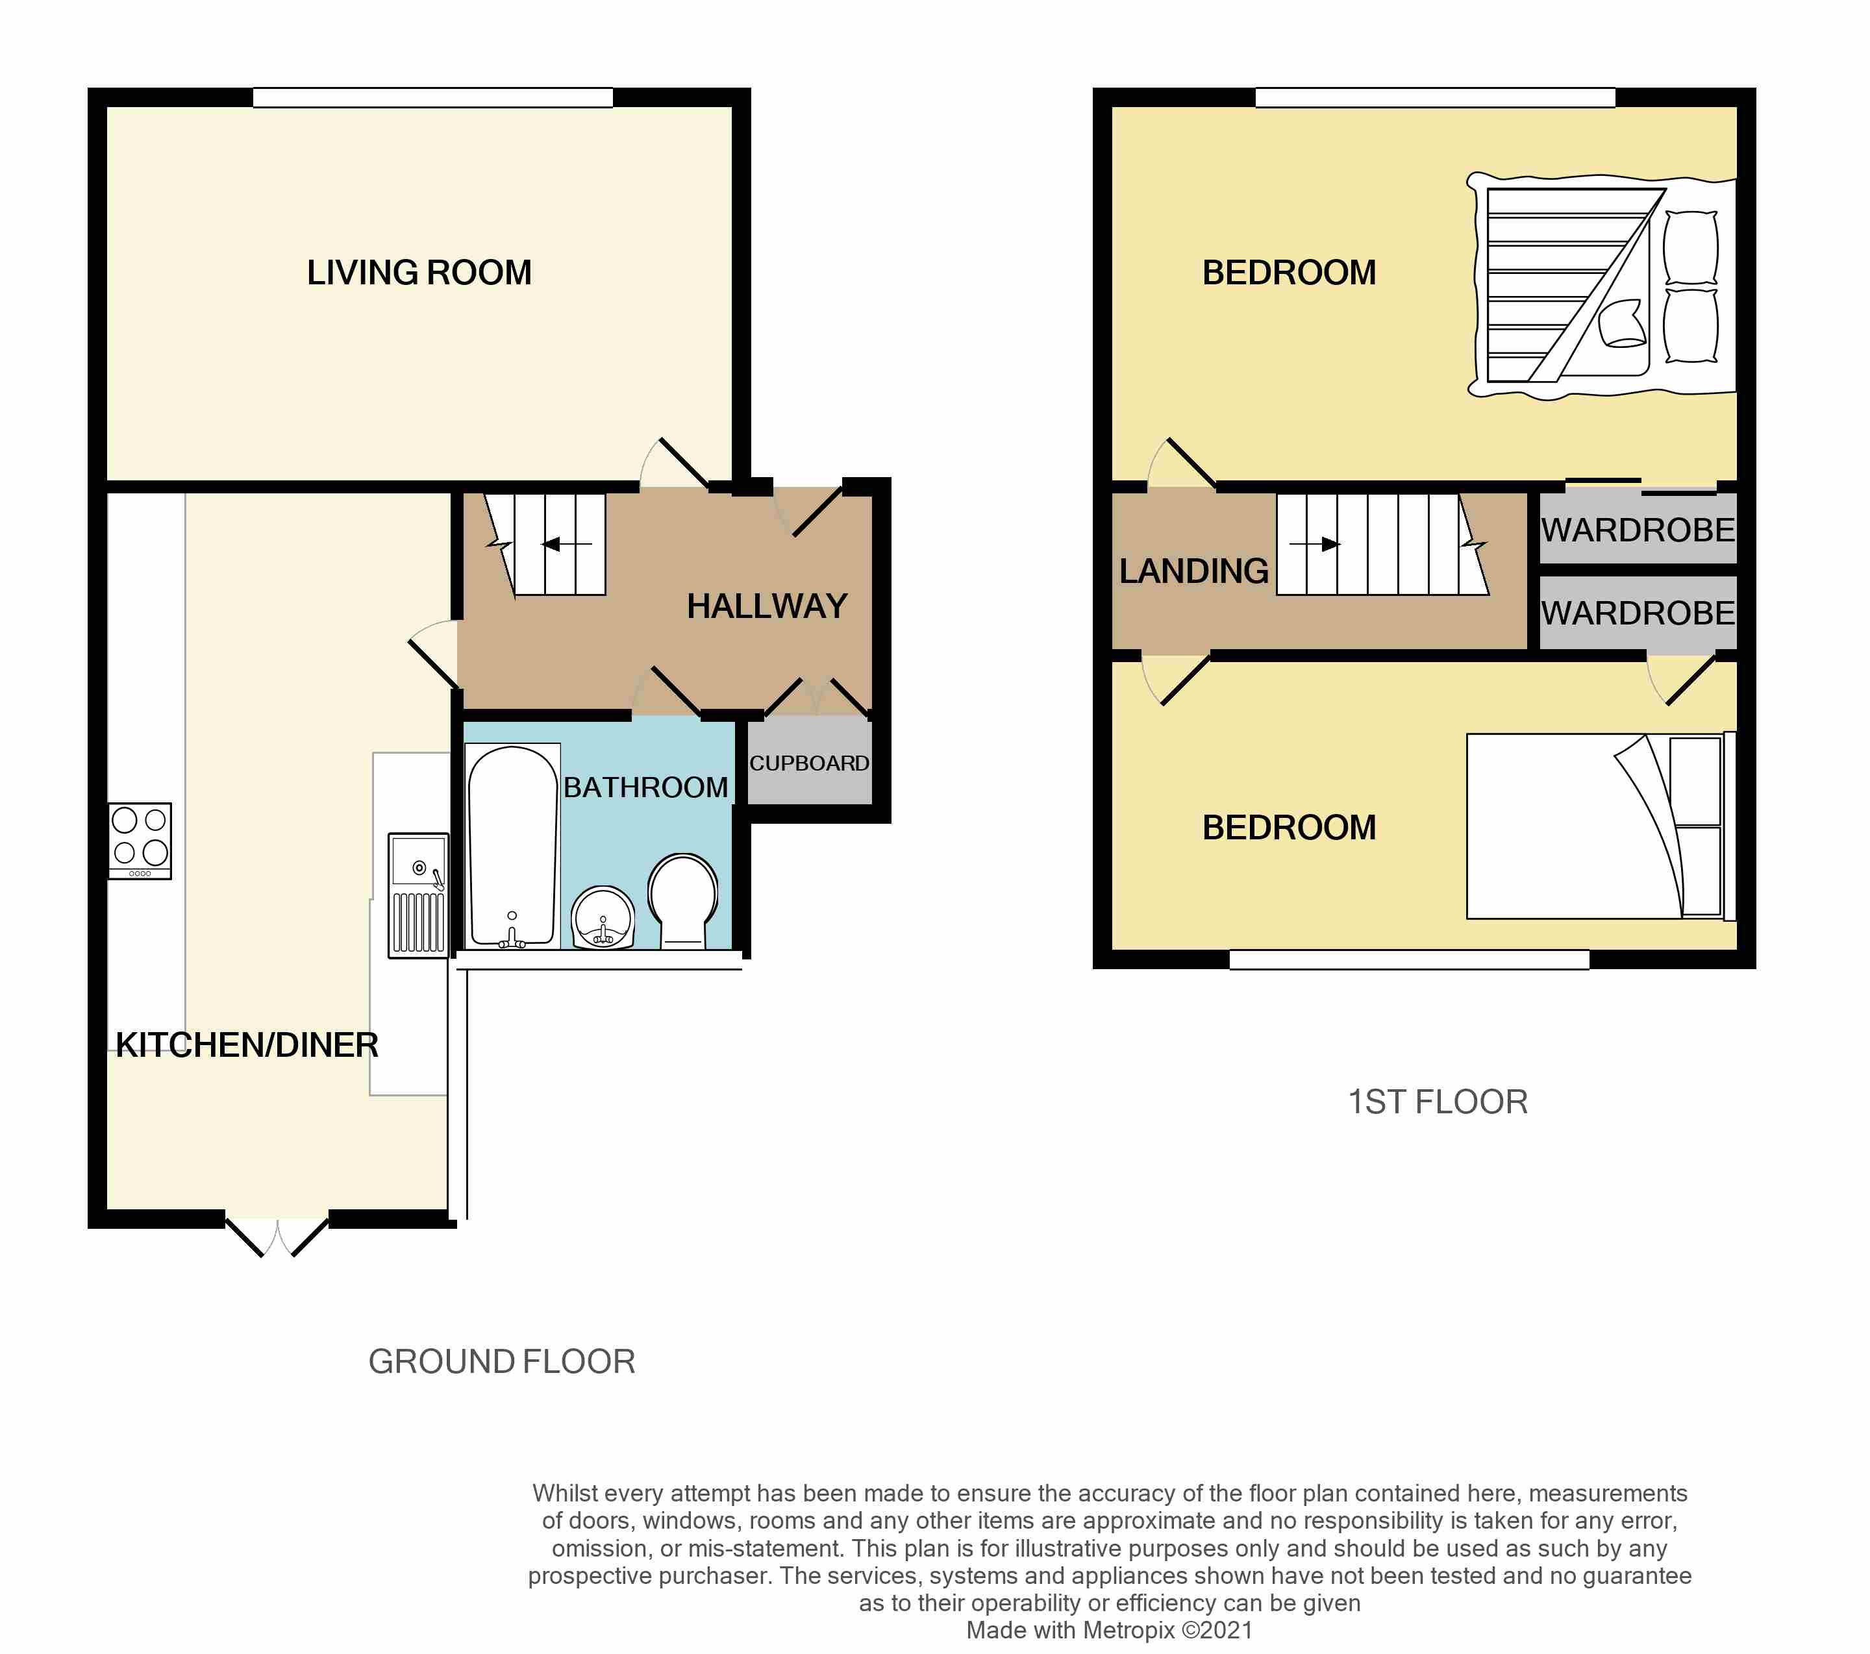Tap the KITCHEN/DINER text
click(247, 1044)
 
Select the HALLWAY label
click(767, 606)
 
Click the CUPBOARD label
click(810, 763)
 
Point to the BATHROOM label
click(646, 787)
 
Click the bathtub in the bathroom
click(512, 846)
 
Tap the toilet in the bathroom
click(682, 901)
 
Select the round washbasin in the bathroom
click(603, 918)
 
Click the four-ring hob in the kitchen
click(140, 841)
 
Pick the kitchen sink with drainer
click(418, 895)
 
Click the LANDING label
click(1194, 572)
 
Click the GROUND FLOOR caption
click(501, 1362)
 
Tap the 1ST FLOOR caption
click(1438, 1102)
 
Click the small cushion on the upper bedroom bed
click(1622, 324)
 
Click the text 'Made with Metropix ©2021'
click(1110, 1630)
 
